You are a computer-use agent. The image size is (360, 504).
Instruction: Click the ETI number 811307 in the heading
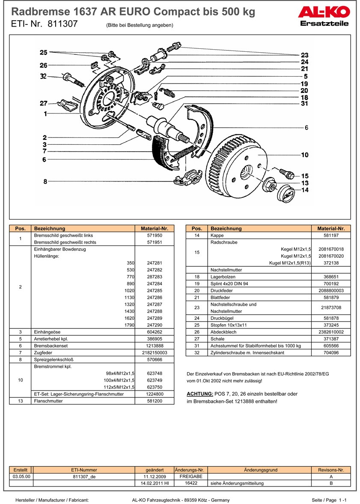coord(62,24)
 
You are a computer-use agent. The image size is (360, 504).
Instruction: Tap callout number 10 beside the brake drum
coord(304,155)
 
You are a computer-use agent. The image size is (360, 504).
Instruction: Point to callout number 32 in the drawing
coord(43,77)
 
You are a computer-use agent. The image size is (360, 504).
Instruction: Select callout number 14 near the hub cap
coord(304,191)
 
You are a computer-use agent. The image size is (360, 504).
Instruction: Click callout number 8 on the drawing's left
coord(45,182)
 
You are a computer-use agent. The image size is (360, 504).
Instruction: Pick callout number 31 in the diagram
coord(304,104)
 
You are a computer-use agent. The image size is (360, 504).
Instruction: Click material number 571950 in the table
coord(155,236)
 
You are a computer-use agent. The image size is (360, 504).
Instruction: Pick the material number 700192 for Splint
coord(331,283)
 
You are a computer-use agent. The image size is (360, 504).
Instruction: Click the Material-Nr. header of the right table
coord(331,229)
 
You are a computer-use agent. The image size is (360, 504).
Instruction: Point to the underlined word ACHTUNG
coord(200,394)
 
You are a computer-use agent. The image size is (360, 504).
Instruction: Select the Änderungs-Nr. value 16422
coord(191,483)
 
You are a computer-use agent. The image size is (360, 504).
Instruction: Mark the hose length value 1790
coord(130,325)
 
